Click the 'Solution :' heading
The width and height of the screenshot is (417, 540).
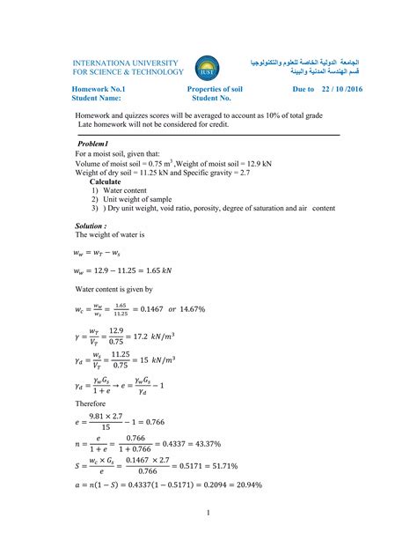[92, 226]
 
